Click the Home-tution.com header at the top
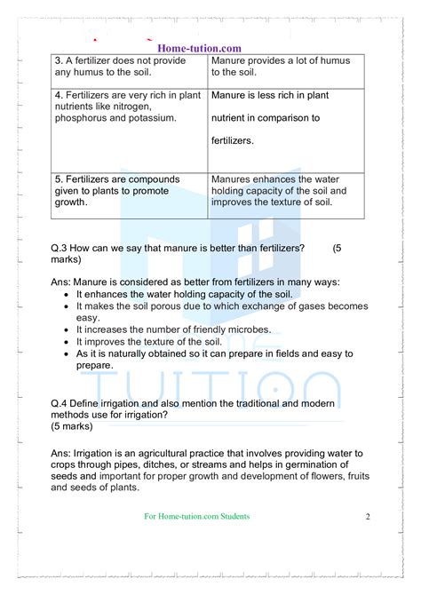pos(199,48)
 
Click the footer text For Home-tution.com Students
pos(196,517)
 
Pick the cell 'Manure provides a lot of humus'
pos(281,67)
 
